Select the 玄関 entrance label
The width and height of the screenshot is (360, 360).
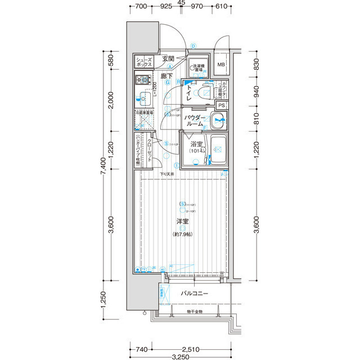point(168,58)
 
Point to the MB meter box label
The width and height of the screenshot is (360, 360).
point(221,64)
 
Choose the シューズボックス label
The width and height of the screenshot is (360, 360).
point(144,62)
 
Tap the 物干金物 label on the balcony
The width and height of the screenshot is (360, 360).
point(195,311)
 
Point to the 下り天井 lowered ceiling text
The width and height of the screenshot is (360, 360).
point(166,174)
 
